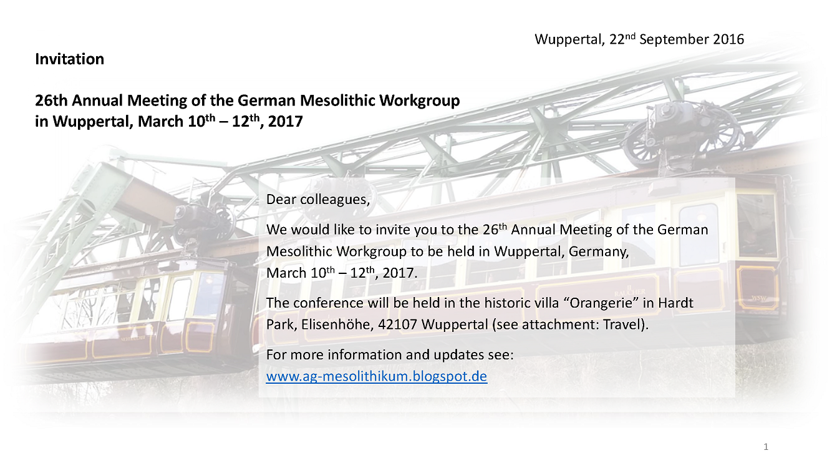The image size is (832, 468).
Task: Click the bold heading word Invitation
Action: click(69, 59)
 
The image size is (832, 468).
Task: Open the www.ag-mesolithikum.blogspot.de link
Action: click(377, 376)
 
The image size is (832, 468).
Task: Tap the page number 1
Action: click(766, 446)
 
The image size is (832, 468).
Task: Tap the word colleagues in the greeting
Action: click(335, 200)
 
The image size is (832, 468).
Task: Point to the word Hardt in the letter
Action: click(675, 303)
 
